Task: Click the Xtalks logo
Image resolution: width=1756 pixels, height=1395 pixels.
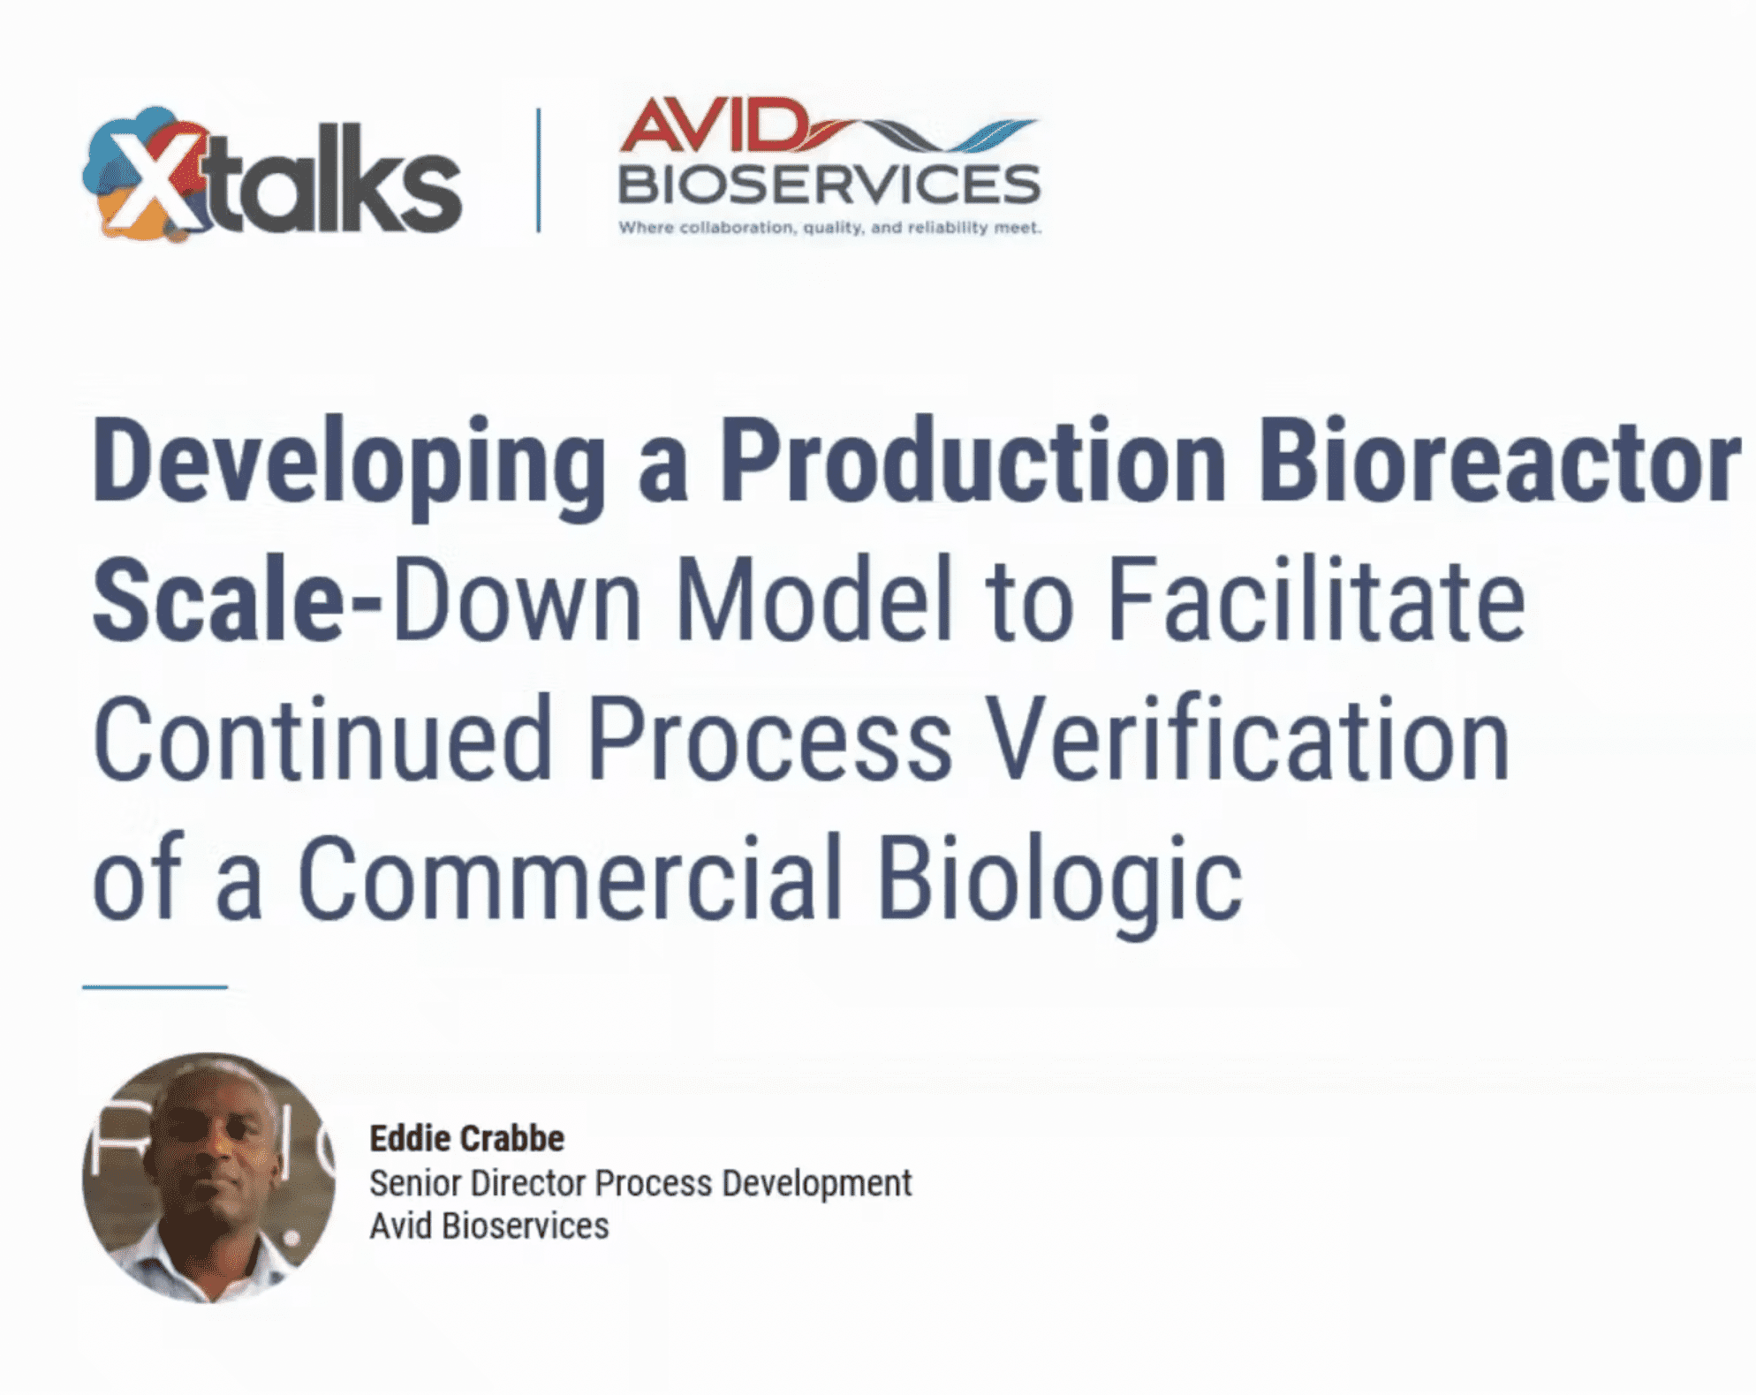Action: pyautogui.click(x=272, y=174)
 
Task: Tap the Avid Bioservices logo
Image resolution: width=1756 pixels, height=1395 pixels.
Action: pyautogui.click(x=829, y=167)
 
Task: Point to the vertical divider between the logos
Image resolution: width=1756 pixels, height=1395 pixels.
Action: pyautogui.click(x=538, y=170)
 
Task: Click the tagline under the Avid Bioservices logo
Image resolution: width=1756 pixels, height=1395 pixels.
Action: pyautogui.click(x=829, y=228)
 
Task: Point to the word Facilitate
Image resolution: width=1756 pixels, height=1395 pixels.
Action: pyautogui.click(x=1316, y=598)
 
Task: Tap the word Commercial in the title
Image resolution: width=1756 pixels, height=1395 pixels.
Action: pyautogui.click(x=570, y=878)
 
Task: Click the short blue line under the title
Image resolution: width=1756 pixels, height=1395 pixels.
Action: pyautogui.click(x=155, y=986)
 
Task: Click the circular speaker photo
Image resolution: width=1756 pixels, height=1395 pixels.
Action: pyautogui.click(x=209, y=1177)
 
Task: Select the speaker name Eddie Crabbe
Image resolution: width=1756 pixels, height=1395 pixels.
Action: pyautogui.click(x=466, y=1139)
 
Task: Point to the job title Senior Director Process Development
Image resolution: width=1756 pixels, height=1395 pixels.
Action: pyautogui.click(x=640, y=1184)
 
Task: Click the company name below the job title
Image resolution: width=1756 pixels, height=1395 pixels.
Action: pyautogui.click(x=489, y=1225)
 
